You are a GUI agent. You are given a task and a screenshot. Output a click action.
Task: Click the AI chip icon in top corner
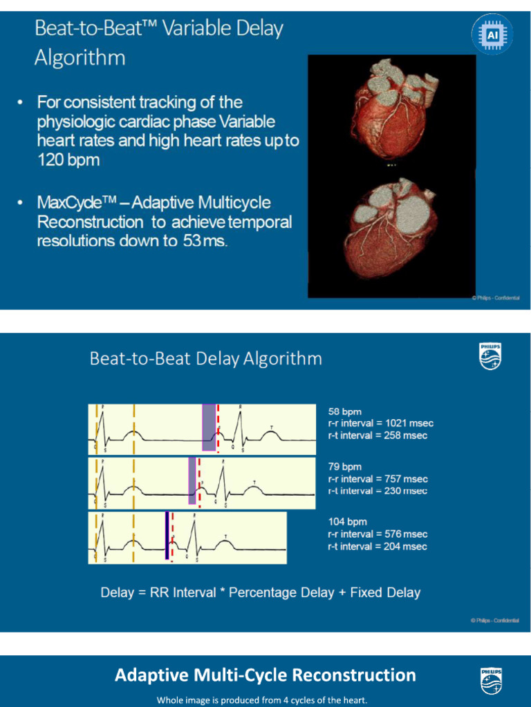coord(492,34)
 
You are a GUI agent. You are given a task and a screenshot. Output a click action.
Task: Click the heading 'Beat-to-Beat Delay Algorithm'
coord(205,359)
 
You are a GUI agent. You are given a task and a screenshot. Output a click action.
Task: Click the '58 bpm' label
coord(344,411)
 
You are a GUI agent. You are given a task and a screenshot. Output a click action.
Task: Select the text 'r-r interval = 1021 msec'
coord(380,423)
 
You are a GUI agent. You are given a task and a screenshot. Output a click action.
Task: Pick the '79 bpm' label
coord(344,467)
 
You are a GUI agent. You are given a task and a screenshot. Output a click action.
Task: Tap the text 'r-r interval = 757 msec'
coord(378,479)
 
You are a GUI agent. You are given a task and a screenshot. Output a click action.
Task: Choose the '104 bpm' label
coord(347,522)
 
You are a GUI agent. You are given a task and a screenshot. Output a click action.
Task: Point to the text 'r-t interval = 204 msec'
coord(378,546)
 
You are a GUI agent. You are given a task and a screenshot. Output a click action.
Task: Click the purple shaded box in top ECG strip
coord(208,427)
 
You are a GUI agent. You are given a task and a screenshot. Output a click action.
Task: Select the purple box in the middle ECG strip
coord(192,480)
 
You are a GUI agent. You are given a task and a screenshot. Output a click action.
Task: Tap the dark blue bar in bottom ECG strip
coord(167,535)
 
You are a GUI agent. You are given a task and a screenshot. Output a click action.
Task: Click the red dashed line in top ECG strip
coord(218,428)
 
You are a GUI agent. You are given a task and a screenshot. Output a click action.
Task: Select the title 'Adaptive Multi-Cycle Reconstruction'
coord(265,675)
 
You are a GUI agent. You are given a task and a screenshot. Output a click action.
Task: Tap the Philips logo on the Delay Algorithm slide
coord(490,356)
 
